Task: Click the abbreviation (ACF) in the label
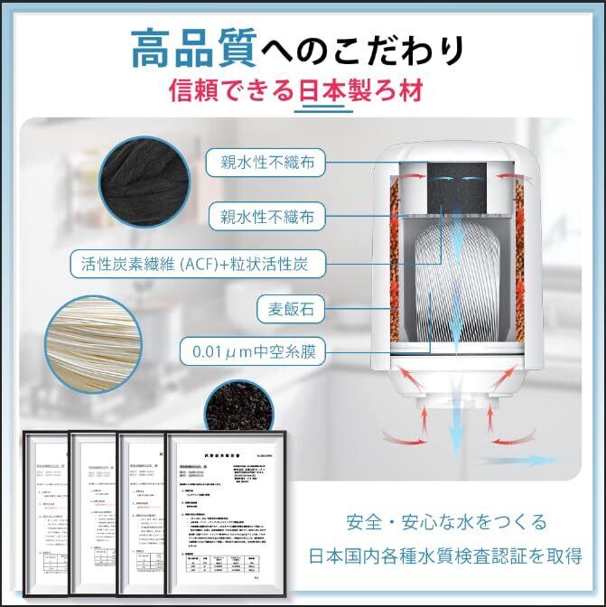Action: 214,265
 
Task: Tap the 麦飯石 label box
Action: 291,308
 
